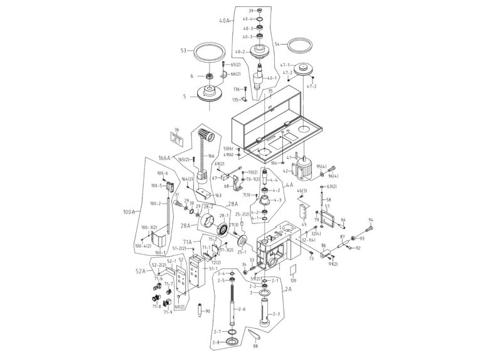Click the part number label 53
tap(184, 51)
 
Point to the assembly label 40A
tap(225, 21)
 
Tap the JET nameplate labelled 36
tap(178, 138)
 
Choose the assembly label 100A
tap(129, 213)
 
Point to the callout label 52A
tap(141, 271)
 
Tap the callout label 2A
tap(288, 290)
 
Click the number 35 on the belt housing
tap(270, 92)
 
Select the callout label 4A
tap(289, 185)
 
